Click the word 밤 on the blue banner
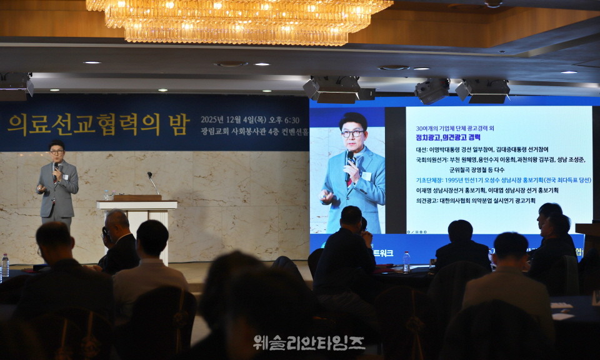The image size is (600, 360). pyautogui.click(x=178, y=124)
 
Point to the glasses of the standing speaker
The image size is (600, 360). pyautogui.click(x=57, y=152)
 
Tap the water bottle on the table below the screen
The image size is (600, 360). pyautogui.click(x=406, y=261)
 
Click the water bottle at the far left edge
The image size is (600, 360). pyautogui.click(x=5, y=266)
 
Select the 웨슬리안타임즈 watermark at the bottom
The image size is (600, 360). pyautogui.click(x=309, y=342)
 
